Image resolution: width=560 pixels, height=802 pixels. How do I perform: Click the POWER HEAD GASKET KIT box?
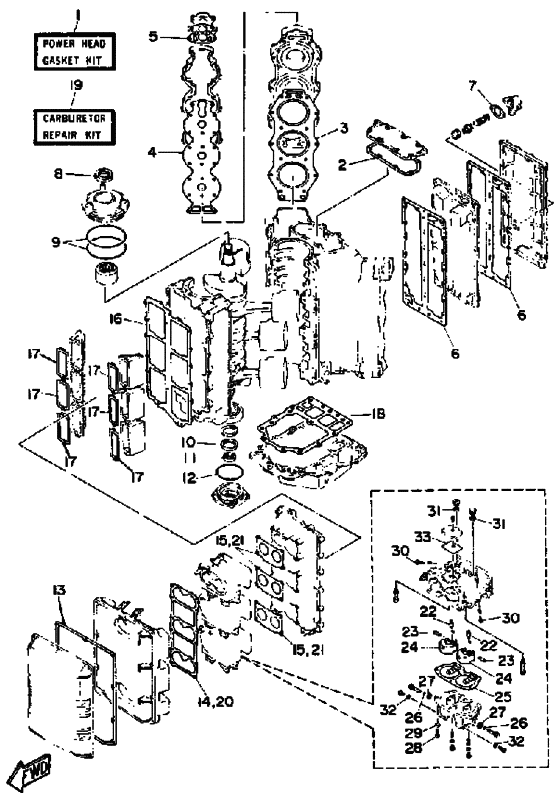tap(75, 52)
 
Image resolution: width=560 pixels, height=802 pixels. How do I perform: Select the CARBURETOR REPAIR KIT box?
tap(75, 126)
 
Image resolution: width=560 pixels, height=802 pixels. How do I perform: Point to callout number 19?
tap(76, 85)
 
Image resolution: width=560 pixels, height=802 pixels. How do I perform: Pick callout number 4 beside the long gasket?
tap(152, 152)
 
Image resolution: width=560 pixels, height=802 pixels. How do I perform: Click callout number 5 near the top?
tap(154, 36)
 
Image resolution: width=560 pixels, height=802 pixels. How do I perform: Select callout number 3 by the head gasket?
tap(344, 127)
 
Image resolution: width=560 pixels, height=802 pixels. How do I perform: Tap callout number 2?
tap(343, 164)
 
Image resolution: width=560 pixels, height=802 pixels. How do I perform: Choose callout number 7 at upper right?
tap(473, 85)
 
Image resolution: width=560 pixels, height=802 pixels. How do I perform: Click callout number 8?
tap(59, 174)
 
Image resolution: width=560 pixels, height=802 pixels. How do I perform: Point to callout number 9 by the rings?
tap(56, 241)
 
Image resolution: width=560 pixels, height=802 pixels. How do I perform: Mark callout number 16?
tap(116, 319)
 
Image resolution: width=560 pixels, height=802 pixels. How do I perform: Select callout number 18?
tap(378, 413)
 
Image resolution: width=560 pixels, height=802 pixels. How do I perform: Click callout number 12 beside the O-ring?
tap(190, 478)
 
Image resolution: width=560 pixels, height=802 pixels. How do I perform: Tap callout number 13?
tap(59, 590)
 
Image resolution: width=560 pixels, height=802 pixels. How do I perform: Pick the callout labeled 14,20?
tap(215, 702)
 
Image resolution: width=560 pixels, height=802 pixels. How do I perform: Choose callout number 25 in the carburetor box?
tap(503, 695)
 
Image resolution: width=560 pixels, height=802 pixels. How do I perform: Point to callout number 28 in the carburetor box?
tap(414, 747)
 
